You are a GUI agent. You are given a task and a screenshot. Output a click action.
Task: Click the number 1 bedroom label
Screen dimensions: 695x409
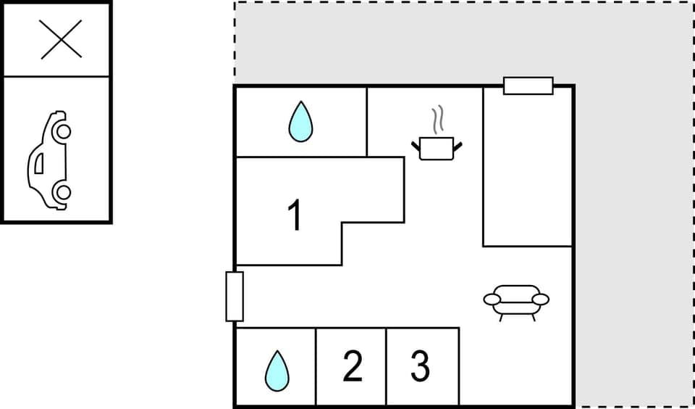coord(294,215)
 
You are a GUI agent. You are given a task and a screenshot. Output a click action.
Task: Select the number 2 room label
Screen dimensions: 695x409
coord(352,367)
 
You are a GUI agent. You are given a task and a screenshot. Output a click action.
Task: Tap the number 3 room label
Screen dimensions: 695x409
coord(420,367)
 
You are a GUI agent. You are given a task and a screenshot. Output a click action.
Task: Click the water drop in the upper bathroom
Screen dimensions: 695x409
coord(300,121)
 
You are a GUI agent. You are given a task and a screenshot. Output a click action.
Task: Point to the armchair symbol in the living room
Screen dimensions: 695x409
coord(516,301)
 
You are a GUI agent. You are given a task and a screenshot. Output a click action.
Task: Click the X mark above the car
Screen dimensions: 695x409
coord(61,40)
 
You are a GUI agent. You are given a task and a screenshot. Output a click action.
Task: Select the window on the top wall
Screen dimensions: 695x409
coord(528,86)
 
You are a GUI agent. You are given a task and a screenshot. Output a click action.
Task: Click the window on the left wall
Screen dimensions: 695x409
coord(235,296)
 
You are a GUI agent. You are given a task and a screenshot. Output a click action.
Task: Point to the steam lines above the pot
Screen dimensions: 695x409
coord(437,118)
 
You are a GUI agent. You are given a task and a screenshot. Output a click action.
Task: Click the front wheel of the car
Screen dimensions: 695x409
coord(63,131)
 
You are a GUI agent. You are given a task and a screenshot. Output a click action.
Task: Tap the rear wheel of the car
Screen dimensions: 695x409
coord(63,192)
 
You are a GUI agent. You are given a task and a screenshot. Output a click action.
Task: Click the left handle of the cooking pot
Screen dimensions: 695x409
coord(416,147)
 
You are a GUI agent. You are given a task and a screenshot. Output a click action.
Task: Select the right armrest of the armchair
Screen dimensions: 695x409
coord(540,299)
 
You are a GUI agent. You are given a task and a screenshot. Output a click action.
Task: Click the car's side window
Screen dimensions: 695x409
coord(38,162)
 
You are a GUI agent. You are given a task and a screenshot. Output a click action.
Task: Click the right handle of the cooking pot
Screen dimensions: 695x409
coord(457,147)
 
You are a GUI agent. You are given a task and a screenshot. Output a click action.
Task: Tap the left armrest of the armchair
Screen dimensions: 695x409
coord(492,299)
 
